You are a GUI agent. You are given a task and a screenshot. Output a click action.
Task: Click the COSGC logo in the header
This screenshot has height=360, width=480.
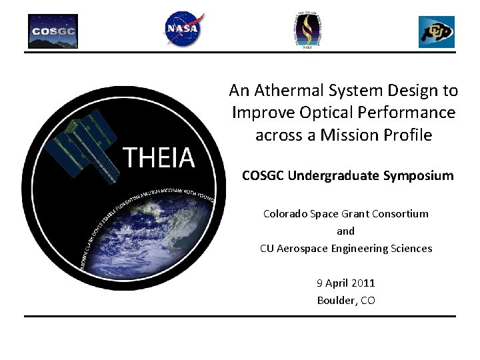pos(53,31)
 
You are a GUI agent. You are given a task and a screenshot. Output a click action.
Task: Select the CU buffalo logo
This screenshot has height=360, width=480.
pos(436,32)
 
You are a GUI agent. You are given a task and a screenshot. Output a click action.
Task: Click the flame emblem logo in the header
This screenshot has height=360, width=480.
pos(307,30)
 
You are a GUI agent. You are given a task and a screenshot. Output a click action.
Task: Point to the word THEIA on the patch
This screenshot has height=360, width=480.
pos(159,158)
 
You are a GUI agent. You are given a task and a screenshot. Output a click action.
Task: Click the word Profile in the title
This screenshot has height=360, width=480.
pos(408,135)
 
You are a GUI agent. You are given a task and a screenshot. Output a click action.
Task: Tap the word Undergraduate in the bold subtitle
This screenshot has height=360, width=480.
pos(336,176)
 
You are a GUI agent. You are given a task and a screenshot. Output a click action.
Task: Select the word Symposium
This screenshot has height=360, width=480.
pos(418,176)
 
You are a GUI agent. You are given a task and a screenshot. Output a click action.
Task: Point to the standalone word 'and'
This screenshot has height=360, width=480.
pos(345,231)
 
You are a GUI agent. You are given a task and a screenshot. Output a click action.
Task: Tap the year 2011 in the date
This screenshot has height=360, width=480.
pos(363,283)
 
